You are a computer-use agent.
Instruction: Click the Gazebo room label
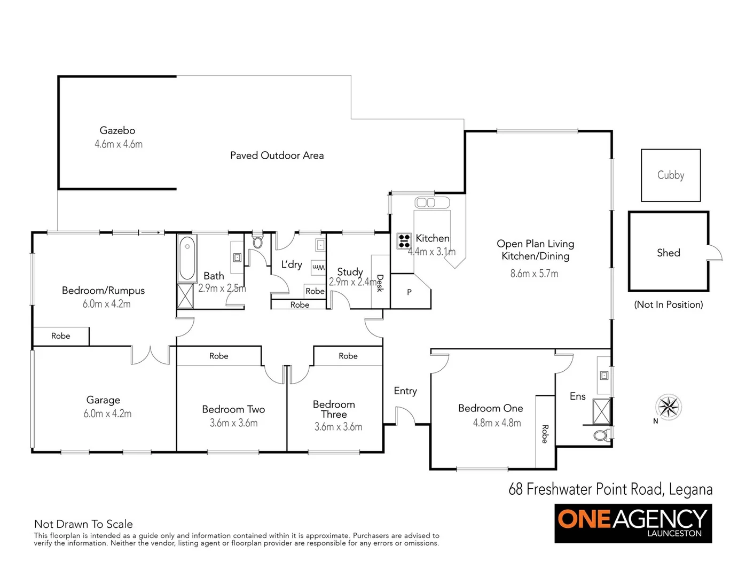pyautogui.click(x=117, y=130)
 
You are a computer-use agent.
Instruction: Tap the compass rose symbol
pyautogui.click(x=669, y=408)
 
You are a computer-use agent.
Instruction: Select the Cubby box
pyautogui.click(x=670, y=175)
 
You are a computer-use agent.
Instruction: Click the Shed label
pyautogui.click(x=668, y=253)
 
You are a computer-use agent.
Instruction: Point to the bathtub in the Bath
pyautogui.click(x=187, y=259)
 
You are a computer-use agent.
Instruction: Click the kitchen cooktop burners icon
pyautogui.click(x=404, y=241)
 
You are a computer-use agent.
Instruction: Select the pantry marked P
pyautogui.click(x=409, y=292)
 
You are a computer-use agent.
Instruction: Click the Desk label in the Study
pyautogui.click(x=380, y=283)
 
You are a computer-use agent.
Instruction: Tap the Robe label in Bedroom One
pyautogui.click(x=545, y=434)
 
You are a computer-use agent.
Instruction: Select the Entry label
pyautogui.click(x=405, y=391)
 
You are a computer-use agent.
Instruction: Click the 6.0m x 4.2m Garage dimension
pyautogui.click(x=107, y=414)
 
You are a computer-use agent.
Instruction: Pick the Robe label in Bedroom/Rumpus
pyautogui.click(x=61, y=336)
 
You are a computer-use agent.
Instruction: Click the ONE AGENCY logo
pyautogui.click(x=633, y=524)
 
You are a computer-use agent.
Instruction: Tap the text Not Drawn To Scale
pyautogui.click(x=83, y=524)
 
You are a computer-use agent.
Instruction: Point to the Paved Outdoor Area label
pyautogui.click(x=277, y=155)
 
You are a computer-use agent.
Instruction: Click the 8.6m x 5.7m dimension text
pyautogui.click(x=534, y=274)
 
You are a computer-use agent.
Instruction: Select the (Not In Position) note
pyautogui.click(x=668, y=305)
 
